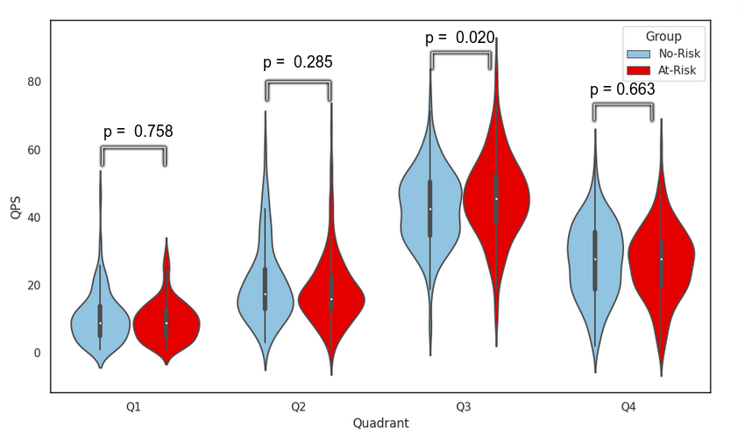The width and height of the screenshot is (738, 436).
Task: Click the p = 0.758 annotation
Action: (x=138, y=132)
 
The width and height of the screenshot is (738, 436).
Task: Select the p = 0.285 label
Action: (x=298, y=62)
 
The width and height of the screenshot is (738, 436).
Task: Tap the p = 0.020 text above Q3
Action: (x=459, y=39)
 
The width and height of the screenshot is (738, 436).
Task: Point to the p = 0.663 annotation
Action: (x=622, y=89)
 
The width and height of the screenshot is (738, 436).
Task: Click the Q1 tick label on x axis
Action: (x=133, y=407)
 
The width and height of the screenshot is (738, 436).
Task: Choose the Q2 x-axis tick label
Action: (x=298, y=407)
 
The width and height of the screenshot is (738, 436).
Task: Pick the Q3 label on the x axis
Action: (x=463, y=407)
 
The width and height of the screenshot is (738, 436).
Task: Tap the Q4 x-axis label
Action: (x=628, y=407)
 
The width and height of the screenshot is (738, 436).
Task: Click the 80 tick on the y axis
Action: (x=32, y=82)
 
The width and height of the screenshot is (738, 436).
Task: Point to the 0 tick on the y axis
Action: (x=36, y=353)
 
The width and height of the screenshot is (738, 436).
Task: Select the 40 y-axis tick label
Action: (x=32, y=218)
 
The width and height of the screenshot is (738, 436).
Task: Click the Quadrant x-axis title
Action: (x=380, y=423)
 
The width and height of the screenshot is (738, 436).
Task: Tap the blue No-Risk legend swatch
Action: (x=639, y=54)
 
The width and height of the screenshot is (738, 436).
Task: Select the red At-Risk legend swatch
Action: (x=639, y=71)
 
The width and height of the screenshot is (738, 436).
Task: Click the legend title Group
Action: (x=663, y=36)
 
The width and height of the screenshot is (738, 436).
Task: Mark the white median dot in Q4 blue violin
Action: (x=595, y=259)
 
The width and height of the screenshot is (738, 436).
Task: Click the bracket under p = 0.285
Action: (x=298, y=82)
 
